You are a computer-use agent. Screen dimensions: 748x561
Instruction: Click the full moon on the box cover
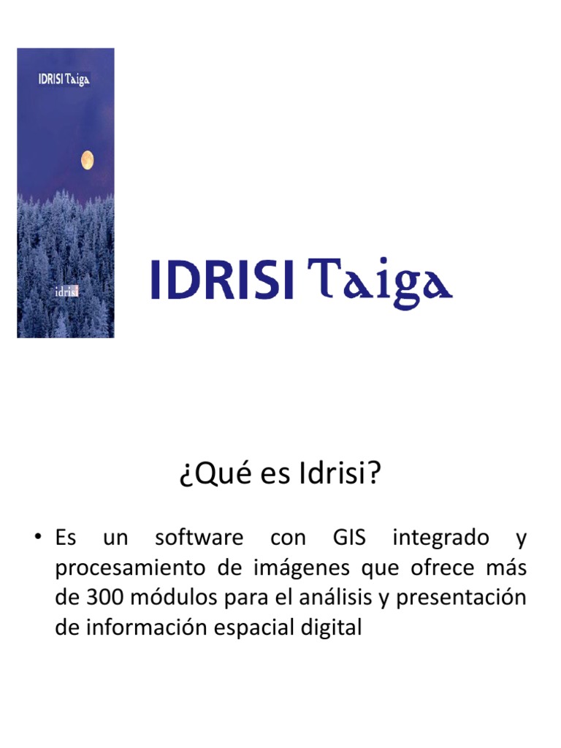(x=87, y=159)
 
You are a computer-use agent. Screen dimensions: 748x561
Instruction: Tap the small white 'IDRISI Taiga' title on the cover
(x=64, y=79)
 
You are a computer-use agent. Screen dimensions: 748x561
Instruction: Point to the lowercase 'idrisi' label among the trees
(x=67, y=292)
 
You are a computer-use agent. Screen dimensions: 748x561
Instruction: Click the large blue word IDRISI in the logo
(x=223, y=280)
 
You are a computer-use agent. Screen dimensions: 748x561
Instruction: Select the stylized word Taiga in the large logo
(x=379, y=282)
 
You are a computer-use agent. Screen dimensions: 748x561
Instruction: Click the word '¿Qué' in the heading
(x=206, y=476)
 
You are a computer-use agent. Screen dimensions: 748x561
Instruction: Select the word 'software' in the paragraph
(x=199, y=539)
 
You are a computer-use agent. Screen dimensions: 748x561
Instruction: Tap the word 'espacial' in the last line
(x=270, y=627)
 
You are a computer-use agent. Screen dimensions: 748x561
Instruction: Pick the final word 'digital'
(x=333, y=627)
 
